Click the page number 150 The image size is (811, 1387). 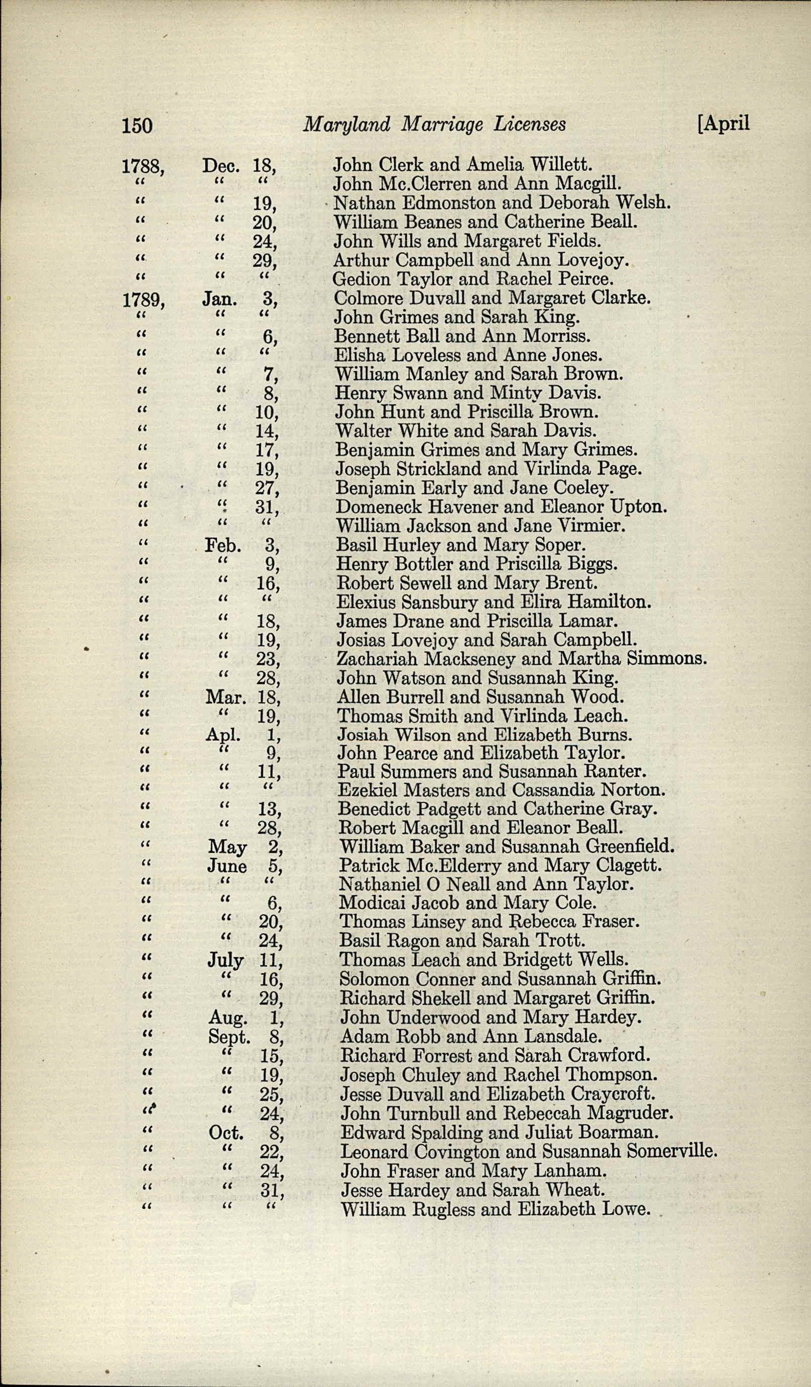pyautogui.click(x=136, y=126)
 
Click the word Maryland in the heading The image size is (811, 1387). pyautogui.click(x=347, y=125)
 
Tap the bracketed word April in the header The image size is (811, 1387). pyautogui.click(x=724, y=123)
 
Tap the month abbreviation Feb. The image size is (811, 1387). pyautogui.click(x=223, y=545)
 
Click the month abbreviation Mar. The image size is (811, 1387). pyautogui.click(x=225, y=698)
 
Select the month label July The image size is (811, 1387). pyautogui.click(x=225, y=961)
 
